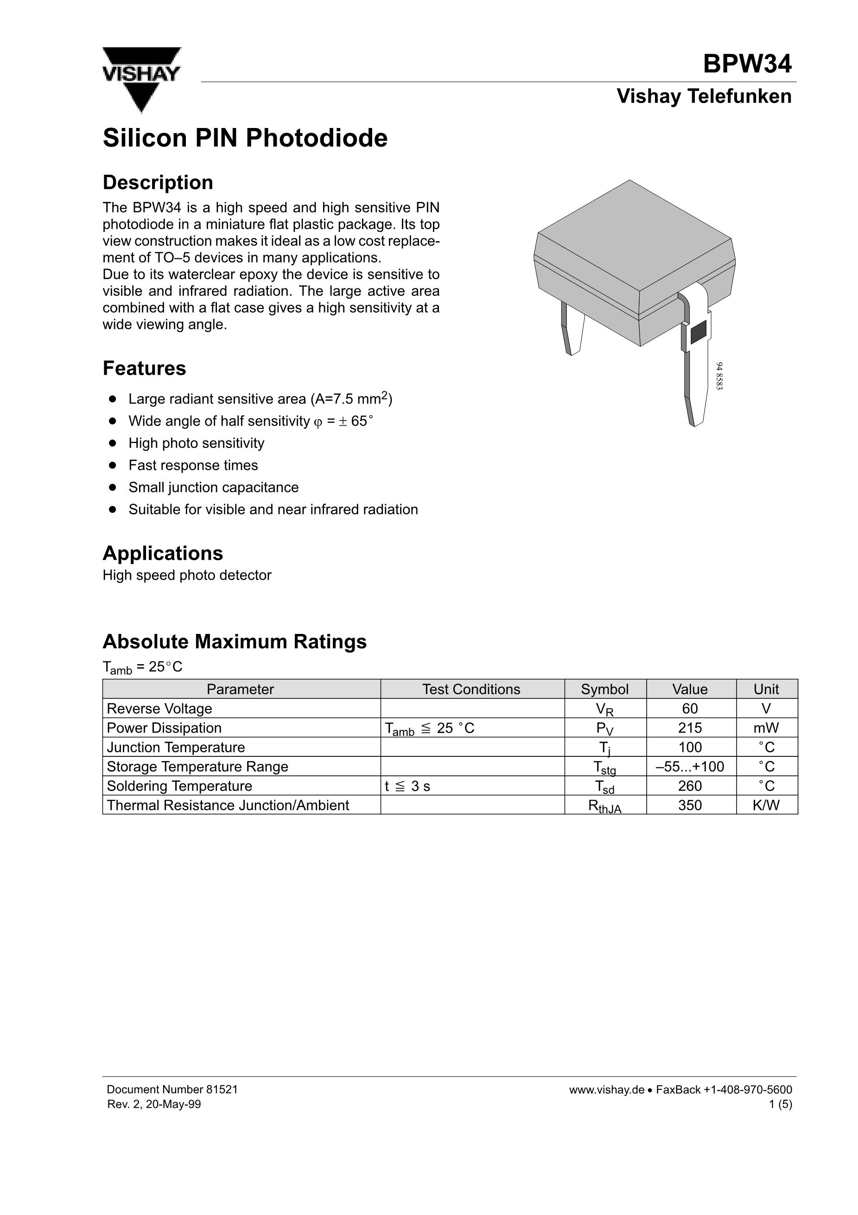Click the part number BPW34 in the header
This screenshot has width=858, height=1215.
click(x=747, y=64)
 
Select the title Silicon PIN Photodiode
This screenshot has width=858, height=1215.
click(x=245, y=138)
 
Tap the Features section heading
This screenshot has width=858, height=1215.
click(x=145, y=368)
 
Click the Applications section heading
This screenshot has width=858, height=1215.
click(x=163, y=554)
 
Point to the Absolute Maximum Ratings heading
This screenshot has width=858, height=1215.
click(x=235, y=641)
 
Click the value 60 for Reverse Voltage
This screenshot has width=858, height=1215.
click(x=690, y=709)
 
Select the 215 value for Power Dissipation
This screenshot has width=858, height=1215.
click(x=690, y=728)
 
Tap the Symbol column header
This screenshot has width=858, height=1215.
click(x=604, y=690)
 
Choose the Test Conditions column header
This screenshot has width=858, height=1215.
click(x=471, y=690)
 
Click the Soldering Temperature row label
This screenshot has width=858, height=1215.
click(x=179, y=787)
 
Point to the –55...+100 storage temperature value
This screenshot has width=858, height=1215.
click(x=690, y=767)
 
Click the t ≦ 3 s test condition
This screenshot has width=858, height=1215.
click(x=407, y=787)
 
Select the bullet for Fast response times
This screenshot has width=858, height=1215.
click(x=112, y=465)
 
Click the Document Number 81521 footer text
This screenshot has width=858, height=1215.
click(x=172, y=1090)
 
